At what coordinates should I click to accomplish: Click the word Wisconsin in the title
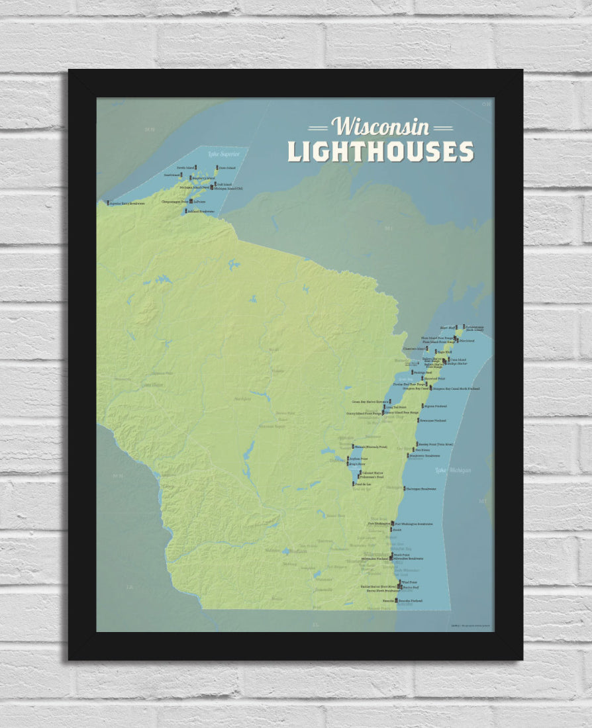(x=380, y=126)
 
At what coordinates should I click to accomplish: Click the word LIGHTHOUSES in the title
(x=380, y=152)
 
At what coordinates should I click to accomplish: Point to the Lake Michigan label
(x=454, y=470)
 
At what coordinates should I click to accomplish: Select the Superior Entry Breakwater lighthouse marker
(x=108, y=203)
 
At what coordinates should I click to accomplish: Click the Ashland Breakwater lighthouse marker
(x=185, y=211)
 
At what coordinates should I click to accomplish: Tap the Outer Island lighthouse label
(x=227, y=168)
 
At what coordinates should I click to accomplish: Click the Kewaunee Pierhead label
(x=432, y=420)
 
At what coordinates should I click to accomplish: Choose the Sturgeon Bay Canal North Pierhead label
(x=458, y=388)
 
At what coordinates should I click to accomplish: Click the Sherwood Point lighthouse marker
(x=421, y=379)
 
